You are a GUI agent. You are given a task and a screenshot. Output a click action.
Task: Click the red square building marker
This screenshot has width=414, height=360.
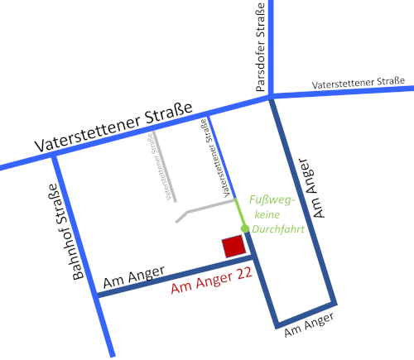pos(233,246)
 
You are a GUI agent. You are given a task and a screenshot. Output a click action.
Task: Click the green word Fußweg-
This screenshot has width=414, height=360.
pos(269,199)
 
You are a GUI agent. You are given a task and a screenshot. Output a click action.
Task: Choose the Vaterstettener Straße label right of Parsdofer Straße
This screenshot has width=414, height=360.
pos(358,84)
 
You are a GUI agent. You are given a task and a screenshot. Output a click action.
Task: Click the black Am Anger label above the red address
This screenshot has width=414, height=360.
pos(133,278)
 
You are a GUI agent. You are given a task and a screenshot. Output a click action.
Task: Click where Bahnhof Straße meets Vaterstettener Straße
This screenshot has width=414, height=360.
pos(55,156)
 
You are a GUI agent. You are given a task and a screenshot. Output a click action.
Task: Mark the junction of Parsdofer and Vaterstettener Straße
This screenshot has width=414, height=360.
pos(271,98)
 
